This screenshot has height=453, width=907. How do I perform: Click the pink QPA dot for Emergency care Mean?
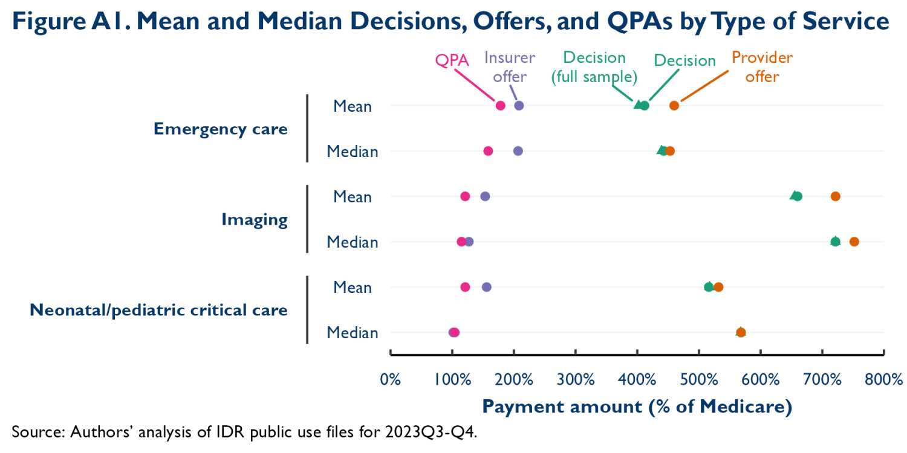500,106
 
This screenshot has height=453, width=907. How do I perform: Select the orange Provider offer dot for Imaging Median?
854,242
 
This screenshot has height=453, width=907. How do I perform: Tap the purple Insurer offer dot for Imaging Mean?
485,196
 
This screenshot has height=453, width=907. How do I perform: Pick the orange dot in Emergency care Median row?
670,151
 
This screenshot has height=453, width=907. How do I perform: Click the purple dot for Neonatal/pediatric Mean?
486,287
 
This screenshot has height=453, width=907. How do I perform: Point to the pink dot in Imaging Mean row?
465,196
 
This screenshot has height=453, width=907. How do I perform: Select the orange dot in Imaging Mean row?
835,196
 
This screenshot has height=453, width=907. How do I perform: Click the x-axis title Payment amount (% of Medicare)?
637,406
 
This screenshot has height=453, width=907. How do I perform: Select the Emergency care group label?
220,129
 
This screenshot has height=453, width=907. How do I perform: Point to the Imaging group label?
254,219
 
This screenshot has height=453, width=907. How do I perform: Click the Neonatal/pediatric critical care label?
158,310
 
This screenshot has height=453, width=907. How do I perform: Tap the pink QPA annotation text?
452,61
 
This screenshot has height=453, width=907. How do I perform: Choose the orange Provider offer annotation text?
762,67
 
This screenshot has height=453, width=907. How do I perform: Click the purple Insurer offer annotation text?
510,67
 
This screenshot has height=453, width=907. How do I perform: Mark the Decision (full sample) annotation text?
594,67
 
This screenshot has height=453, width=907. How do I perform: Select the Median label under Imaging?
353,242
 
